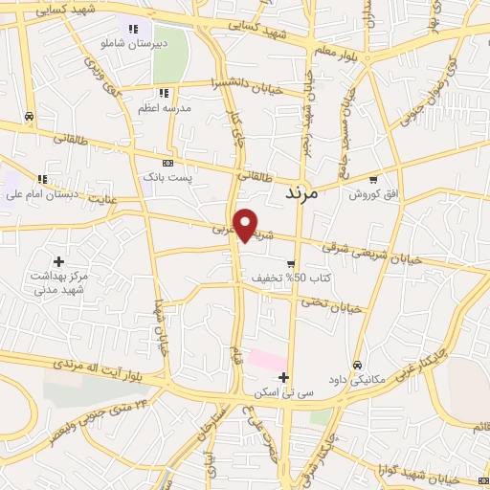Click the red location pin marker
tap(247, 224)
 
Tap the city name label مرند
tap(308, 194)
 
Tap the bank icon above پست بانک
tap(168, 164)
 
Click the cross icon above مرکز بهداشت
tap(59, 260)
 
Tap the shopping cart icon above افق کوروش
tap(373, 179)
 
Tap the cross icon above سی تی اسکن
tap(283, 377)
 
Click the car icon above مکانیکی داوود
tap(357, 365)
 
